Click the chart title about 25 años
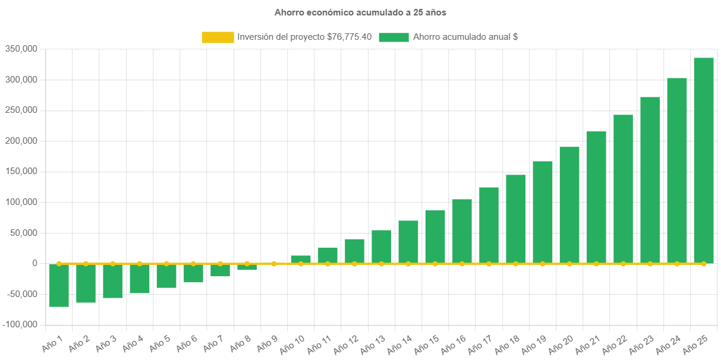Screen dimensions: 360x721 [x=360, y=12]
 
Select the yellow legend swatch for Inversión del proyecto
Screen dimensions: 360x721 [x=218, y=37]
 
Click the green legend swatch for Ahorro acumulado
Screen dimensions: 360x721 [x=393, y=37]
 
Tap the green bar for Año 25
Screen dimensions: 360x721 [x=703, y=160]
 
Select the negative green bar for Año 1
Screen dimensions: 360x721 [x=59, y=286]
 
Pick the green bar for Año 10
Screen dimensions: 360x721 [x=301, y=259]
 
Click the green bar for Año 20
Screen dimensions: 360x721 [x=569, y=205]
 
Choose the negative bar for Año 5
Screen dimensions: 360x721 [x=166, y=276]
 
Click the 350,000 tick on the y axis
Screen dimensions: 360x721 [x=21, y=49]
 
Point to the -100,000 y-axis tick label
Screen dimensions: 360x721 [x=20, y=324]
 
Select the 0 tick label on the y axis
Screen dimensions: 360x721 [x=35, y=263]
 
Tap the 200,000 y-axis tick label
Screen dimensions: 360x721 [x=21, y=141]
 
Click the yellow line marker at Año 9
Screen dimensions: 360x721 [x=274, y=263]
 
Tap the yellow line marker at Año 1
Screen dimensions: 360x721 [x=59, y=263]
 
